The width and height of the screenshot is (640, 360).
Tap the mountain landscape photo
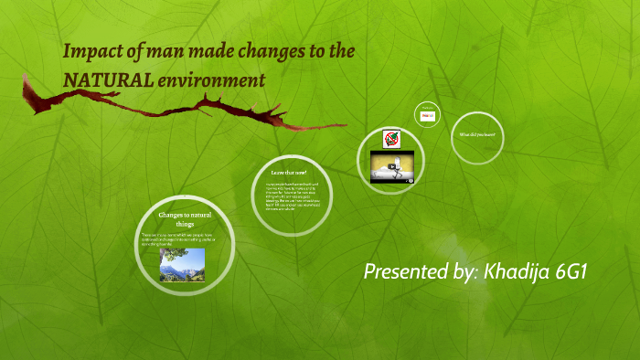pyautogui.click(x=182, y=265)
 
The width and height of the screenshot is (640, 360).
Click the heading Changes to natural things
pyautogui.click(x=185, y=219)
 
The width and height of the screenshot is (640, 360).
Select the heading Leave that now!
pyautogui.click(x=289, y=172)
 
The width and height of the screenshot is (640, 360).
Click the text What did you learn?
pyautogui.click(x=477, y=135)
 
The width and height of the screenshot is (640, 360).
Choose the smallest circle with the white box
pyautogui.click(x=427, y=115)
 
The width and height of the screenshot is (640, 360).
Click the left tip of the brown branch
pyautogui.click(x=26, y=82)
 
